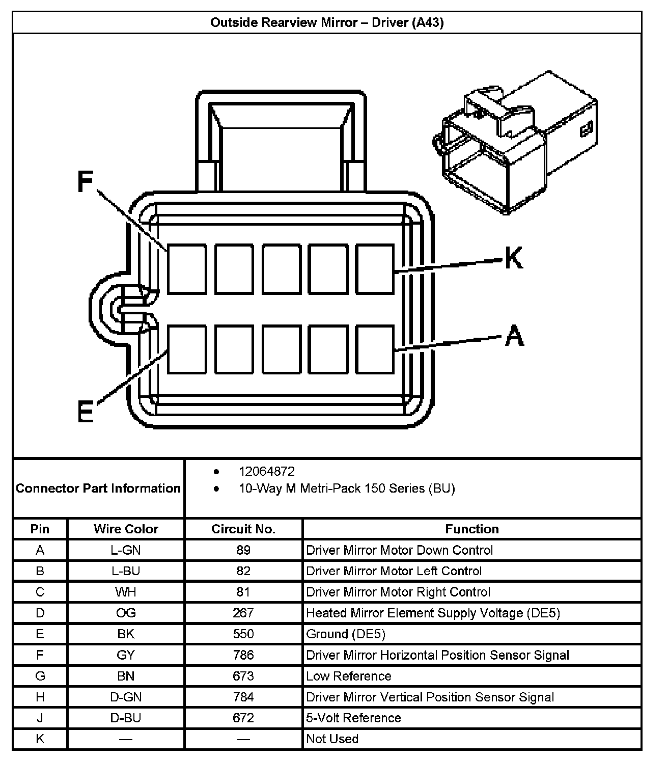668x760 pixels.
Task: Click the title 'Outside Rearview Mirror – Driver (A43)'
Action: point(327,23)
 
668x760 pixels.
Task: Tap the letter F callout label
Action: point(86,182)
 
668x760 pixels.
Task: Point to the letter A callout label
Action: point(514,336)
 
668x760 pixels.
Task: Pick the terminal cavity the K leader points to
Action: point(375,269)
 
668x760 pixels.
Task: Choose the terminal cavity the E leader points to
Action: point(187,349)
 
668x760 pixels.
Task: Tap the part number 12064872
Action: point(267,472)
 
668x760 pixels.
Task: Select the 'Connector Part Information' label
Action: point(98,488)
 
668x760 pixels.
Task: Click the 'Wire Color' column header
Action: point(126,529)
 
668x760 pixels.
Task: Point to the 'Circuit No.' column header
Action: point(243,529)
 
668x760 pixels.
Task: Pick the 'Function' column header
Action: point(472,529)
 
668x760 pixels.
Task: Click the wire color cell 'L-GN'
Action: point(126,550)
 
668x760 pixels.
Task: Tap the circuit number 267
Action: point(243,613)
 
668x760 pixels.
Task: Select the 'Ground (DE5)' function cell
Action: point(346,634)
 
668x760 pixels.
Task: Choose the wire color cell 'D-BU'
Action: point(126,718)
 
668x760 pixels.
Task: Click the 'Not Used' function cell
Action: point(332,739)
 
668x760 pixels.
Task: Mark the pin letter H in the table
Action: point(40,697)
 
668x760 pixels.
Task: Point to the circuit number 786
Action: point(243,655)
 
